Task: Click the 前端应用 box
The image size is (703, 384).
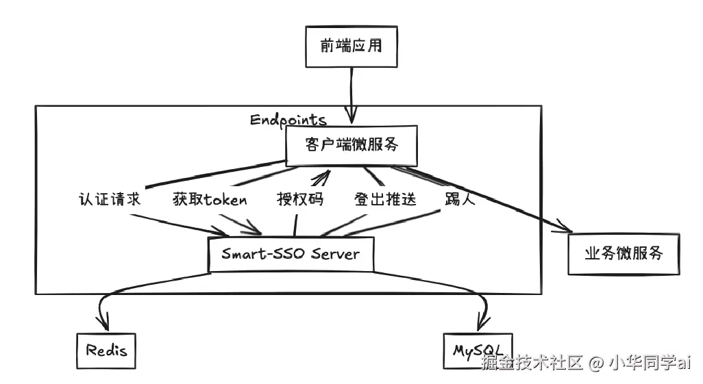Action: pyautogui.click(x=350, y=47)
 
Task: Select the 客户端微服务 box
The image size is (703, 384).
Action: pyautogui.click(x=351, y=145)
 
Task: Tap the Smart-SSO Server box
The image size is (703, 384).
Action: pyautogui.click(x=291, y=254)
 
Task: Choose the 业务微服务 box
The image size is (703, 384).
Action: pyautogui.click(x=624, y=253)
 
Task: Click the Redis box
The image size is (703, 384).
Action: pyautogui.click(x=106, y=351)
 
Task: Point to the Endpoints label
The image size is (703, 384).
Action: pyautogui.click(x=288, y=120)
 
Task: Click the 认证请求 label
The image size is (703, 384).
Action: pyautogui.click(x=110, y=199)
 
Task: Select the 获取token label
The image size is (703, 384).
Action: pyautogui.click(x=210, y=199)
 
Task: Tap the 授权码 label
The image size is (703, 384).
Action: pyautogui.click(x=299, y=199)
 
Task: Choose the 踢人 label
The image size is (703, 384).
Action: pyautogui.click(x=455, y=199)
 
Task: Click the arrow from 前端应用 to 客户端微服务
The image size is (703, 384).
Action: pyautogui.click(x=351, y=96)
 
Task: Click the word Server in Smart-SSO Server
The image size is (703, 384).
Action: pyautogui.click(x=335, y=254)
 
